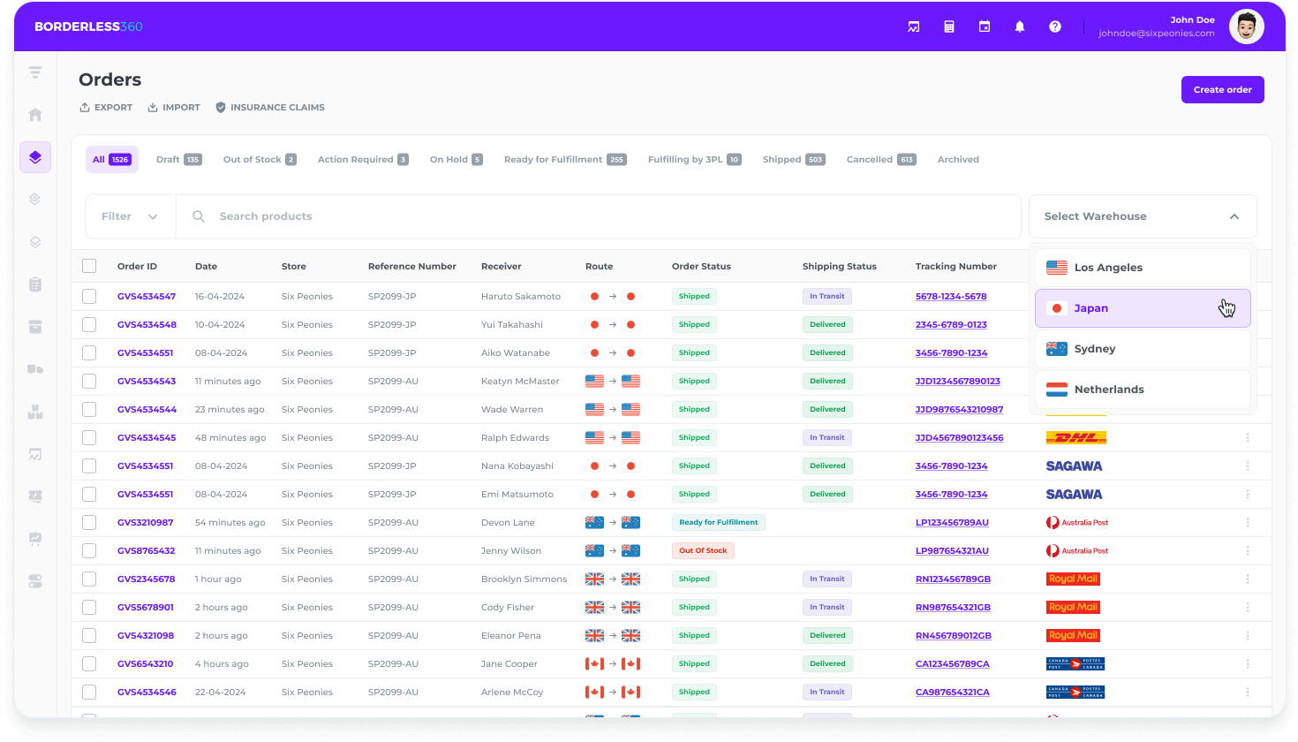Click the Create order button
(1222, 90)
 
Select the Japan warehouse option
(1142, 308)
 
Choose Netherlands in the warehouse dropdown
(1142, 390)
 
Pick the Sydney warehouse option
(1142, 349)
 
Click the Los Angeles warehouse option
(1142, 268)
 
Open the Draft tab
(178, 160)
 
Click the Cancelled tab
(880, 160)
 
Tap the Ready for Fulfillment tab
(564, 160)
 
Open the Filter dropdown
(130, 216)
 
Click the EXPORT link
(106, 108)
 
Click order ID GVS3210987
(146, 523)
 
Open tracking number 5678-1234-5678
(951, 297)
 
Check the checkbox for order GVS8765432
(89, 551)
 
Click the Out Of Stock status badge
(703, 551)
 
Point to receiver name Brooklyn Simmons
(524, 579)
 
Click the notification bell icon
(1020, 26)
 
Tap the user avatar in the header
(1246, 26)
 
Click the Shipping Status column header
(839, 267)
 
